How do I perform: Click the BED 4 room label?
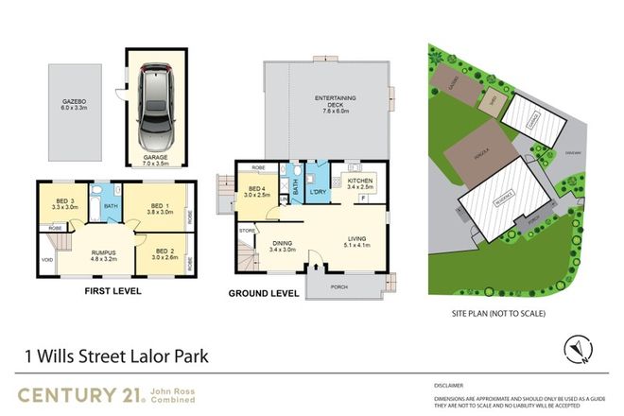(x=252, y=189)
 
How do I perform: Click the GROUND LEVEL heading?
(x=265, y=294)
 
